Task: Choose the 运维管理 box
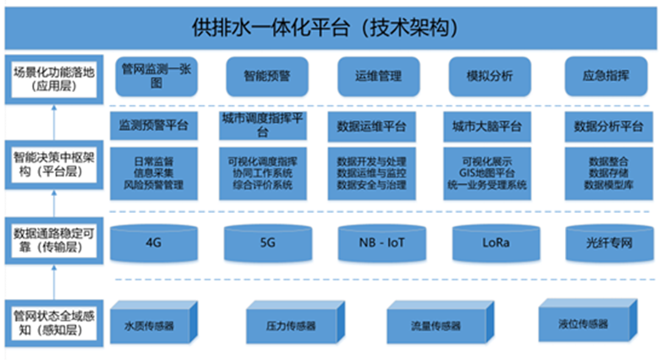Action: (x=373, y=76)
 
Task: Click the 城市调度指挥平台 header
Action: (x=262, y=124)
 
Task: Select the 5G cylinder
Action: (x=267, y=242)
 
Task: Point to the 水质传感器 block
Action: (x=155, y=324)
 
